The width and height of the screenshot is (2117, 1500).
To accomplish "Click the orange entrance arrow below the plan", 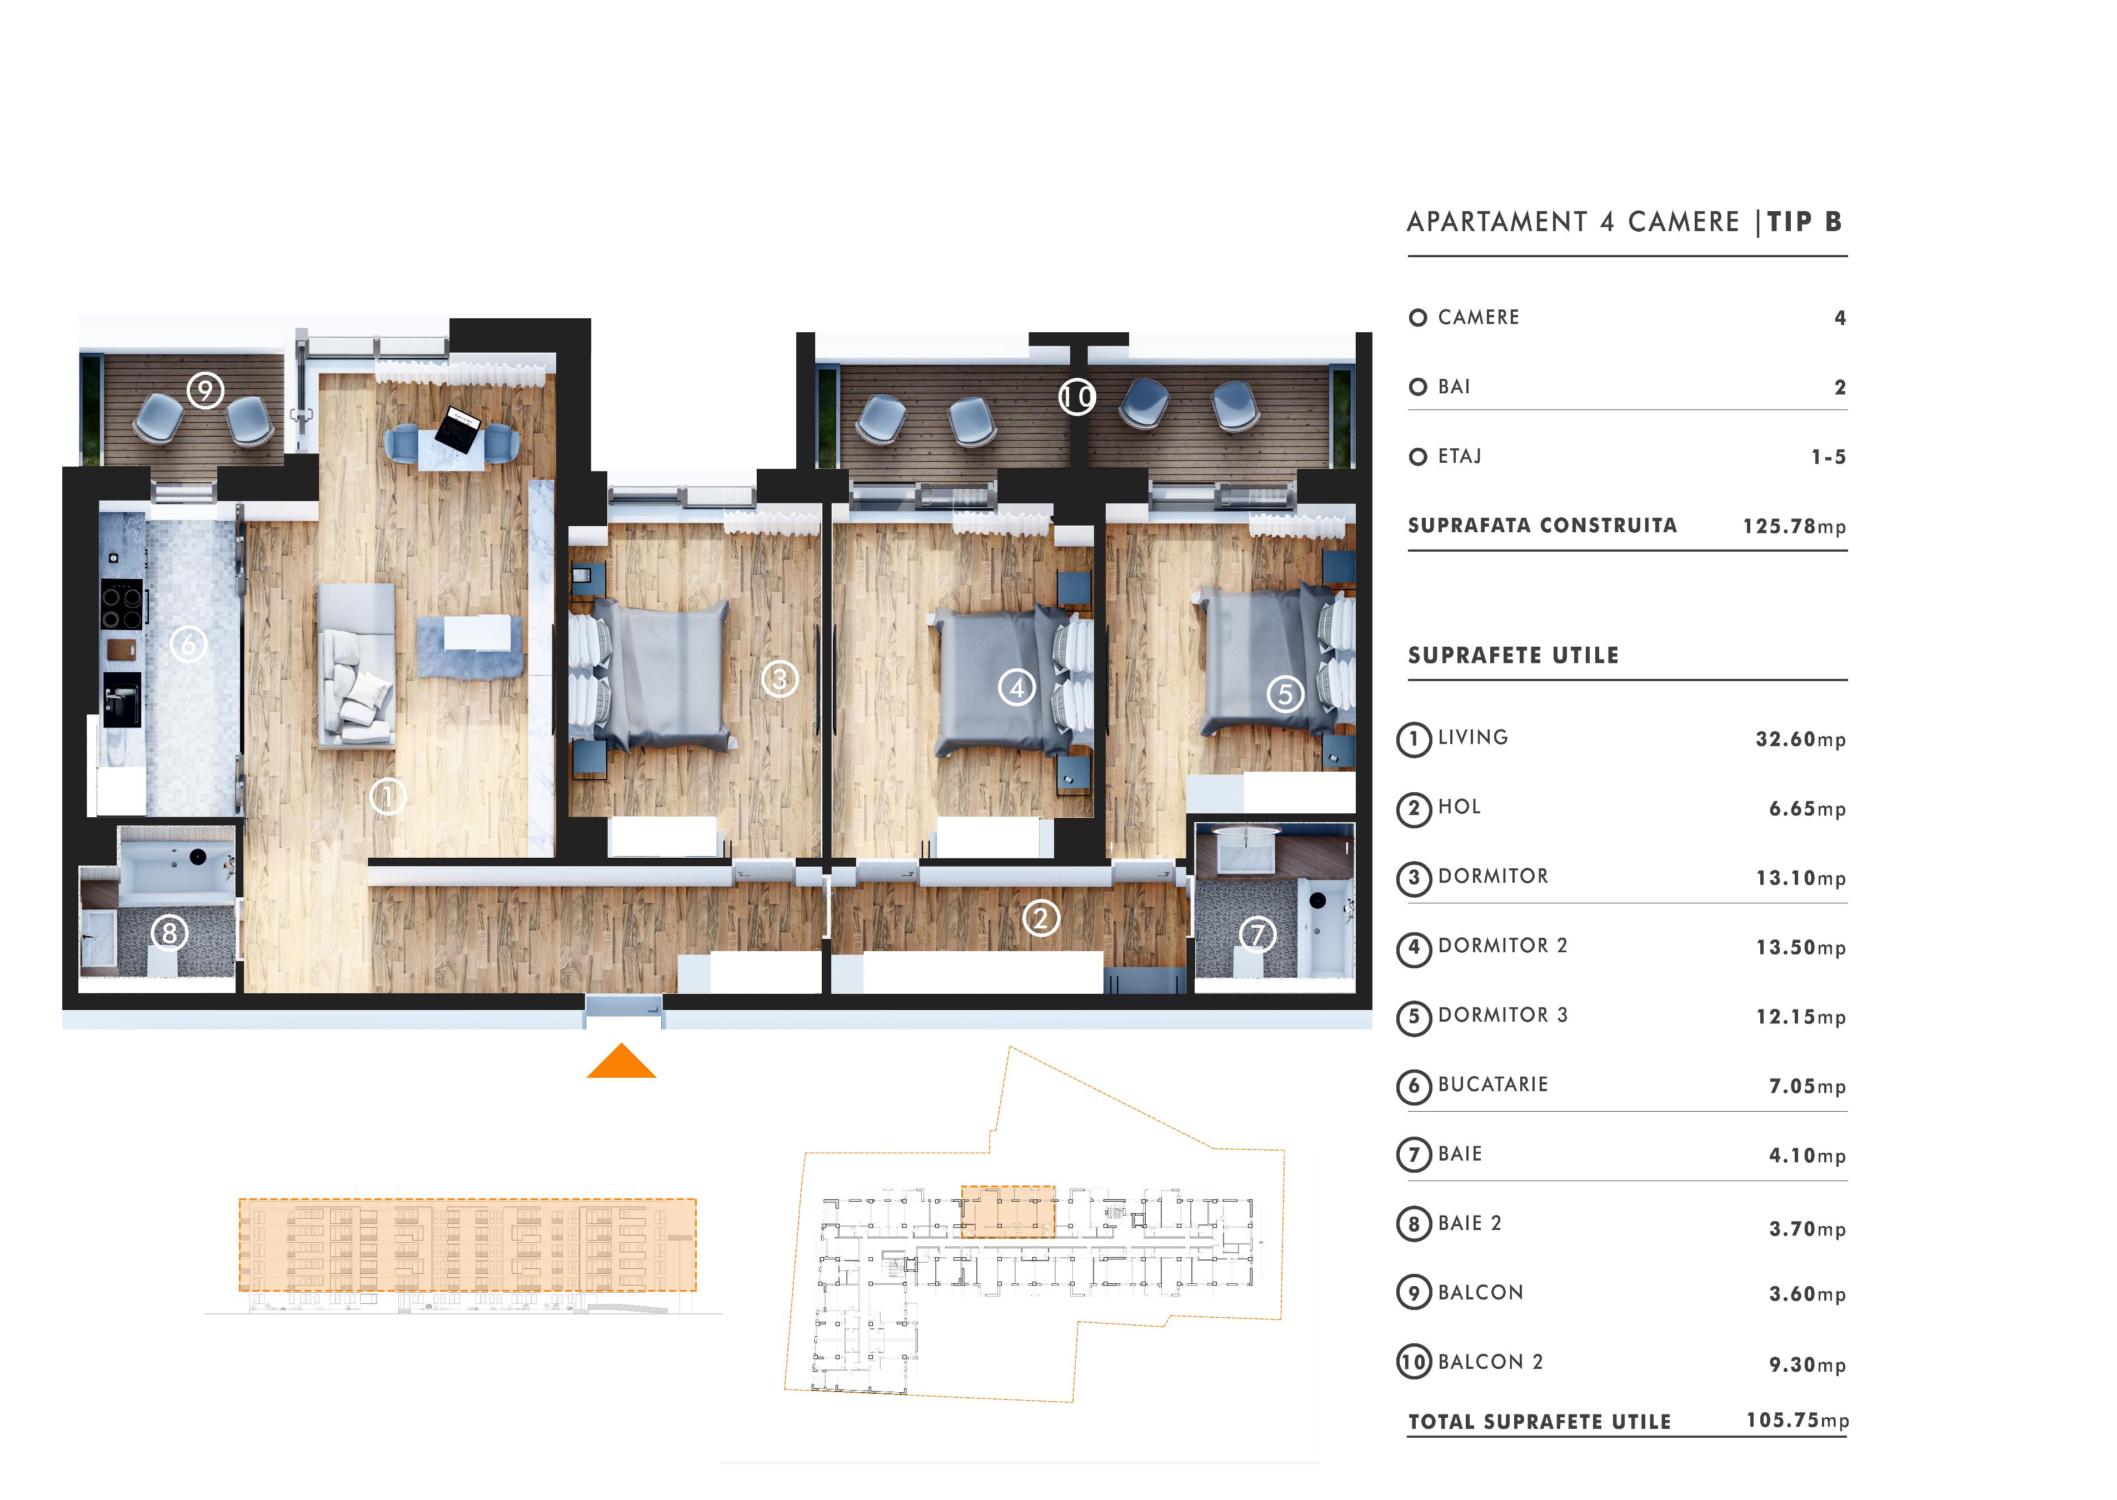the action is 622,1062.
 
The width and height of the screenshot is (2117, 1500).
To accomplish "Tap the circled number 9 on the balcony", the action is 205,390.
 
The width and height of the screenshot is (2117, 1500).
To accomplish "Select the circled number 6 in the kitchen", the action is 188,644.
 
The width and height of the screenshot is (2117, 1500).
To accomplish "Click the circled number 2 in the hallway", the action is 1041,918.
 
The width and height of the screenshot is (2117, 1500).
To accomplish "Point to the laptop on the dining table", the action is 459,428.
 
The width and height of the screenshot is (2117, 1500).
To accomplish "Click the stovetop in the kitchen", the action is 122,604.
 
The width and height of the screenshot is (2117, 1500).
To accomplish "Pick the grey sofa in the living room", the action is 357,665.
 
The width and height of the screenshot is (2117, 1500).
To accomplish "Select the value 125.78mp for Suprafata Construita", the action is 1794,527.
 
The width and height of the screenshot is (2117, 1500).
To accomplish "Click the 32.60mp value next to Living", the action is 1800,739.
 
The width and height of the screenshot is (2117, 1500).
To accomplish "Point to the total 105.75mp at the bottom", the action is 1798,1421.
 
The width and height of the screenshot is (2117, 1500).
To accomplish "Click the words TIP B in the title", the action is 1805,222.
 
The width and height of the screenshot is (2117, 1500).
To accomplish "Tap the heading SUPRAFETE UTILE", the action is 1513,656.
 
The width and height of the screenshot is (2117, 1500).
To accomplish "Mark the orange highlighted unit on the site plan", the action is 1008,1212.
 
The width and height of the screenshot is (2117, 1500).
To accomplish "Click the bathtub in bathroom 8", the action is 177,866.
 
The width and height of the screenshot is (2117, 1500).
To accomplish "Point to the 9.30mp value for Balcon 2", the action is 1806,1365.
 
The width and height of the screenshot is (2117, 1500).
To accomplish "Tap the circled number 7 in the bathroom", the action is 1257,935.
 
